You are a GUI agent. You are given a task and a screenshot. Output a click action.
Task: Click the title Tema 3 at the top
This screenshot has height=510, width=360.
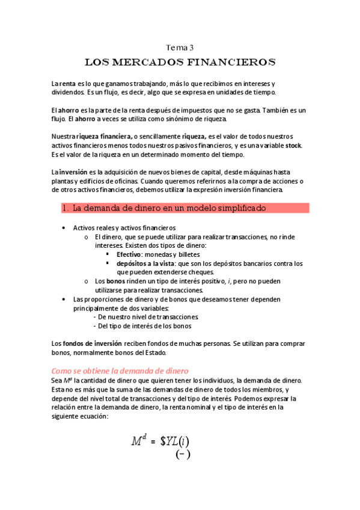coord(180,47)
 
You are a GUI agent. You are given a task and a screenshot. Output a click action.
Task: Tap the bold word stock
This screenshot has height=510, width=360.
coord(293,146)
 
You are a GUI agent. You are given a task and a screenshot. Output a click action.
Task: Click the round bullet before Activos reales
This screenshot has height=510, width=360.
coord(64,229)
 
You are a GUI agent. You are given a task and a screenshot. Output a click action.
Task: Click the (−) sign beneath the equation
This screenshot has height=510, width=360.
coord(183,455)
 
